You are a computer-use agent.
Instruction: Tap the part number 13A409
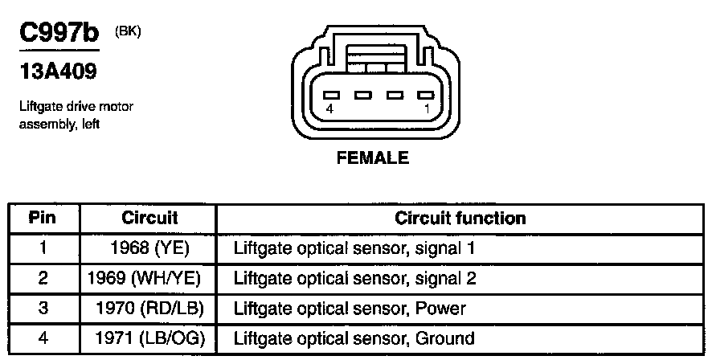tap(57, 72)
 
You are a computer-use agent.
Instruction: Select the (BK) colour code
tap(129, 32)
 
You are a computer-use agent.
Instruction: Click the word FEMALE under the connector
tap(372, 157)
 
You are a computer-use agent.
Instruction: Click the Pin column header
tap(43, 219)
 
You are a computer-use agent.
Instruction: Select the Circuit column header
tap(149, 219)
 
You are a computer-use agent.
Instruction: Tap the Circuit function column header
tap(460, 219)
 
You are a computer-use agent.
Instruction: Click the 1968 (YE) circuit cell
tap(150, 248)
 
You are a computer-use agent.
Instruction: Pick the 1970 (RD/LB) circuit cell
tap(150, 309)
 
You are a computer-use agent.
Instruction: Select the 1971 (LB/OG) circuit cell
tap(150, 338)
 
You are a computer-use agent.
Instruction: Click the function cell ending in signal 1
tap(354, 248)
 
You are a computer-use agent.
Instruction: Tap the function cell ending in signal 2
tap(354, 278)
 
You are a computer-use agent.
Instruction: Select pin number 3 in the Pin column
tap(43, 309)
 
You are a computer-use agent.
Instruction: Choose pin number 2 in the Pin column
tap(43, 278)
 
